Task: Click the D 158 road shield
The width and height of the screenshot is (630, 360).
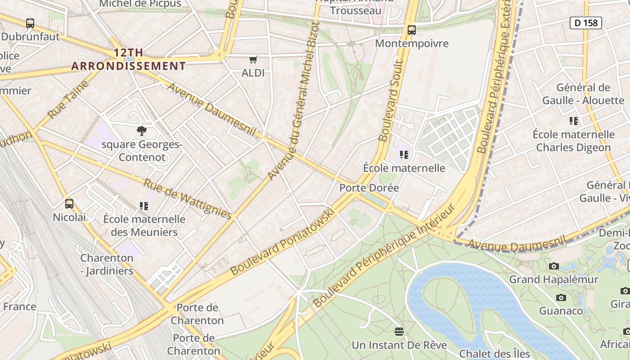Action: pyautogui.click(x=585, y=22)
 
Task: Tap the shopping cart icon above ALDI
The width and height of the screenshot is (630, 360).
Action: pyautogui.click(x=253, y=59)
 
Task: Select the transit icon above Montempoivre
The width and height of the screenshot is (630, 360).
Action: pyautogui.click(x=411, y=30)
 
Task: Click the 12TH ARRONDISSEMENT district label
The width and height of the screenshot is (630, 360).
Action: pyautogui.click(x=128, y=59)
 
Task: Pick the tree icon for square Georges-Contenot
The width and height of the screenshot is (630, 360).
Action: pyautogui.click(x=142, y=131)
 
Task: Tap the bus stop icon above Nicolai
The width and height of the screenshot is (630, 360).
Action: pyautogui.click(x=69, y=204)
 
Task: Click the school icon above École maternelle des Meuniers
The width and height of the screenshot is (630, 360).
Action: pyautogui.click(x=144, y=206)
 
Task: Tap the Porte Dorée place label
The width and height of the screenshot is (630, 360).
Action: pyautogui.click(x=369, y=188)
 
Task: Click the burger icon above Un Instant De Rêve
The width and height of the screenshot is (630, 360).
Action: pyautogui.click(x=399, y=332)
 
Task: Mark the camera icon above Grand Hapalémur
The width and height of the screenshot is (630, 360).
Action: pyautogui.click(x=554, y=266)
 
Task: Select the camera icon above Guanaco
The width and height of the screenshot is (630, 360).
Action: pyautogui.click(x=561, y=297)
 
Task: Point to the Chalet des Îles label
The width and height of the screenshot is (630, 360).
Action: pyautogui.click(x=495, y=354)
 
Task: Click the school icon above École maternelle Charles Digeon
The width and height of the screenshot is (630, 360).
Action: pyautogui.click(x=573, y=121)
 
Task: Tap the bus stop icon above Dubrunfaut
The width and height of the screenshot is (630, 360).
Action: pyautogui.click(x=30, y=23)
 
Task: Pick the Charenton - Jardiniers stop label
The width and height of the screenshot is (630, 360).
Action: pyautogui.click(x=107, y=264)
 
